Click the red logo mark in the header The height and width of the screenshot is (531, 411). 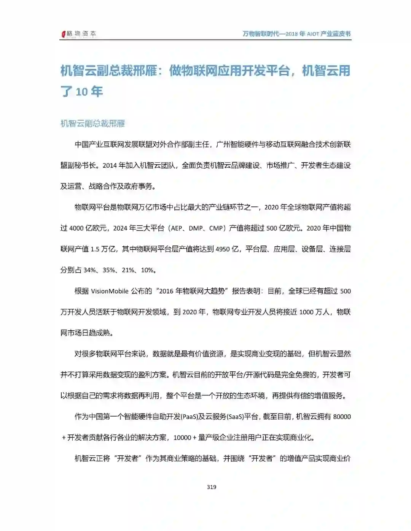[x=64, y=34]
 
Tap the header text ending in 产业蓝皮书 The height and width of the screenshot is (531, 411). [x=296, y=34]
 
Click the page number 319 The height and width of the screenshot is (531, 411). [x=212, y=487]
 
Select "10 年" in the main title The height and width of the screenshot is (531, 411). [x=89, y=92]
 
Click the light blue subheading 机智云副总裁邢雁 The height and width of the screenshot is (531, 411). [x=93, y=124]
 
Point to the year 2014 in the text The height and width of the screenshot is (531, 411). [x=110, y=165]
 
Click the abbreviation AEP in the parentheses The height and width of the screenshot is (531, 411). [x=177, y=228]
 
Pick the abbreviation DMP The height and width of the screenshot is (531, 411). [x=196, y=228]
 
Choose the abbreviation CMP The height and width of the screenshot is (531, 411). [x=216, y=228]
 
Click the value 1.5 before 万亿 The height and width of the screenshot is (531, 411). [x=95, y=249]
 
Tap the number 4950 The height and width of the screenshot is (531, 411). [x=223, y=249]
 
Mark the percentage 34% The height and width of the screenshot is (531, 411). [x=89, y=270]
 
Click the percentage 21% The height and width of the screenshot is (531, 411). [x=128, y=270]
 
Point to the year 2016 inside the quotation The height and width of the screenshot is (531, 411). [x=166, y=291]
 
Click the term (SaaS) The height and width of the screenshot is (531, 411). [x=235, y=417]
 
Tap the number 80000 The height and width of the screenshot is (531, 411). [x=342, y=417]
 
